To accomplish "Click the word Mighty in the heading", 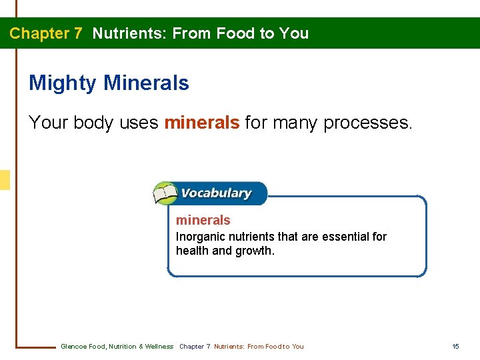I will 63,84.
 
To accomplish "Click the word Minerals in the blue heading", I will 147,83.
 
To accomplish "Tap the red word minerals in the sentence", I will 201,123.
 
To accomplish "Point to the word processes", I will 368,123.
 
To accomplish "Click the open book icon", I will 165,194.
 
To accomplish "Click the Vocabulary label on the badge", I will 216,193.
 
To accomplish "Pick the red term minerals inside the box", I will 203,220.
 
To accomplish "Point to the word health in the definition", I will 191,251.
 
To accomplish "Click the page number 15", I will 455,346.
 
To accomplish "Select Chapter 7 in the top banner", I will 46,33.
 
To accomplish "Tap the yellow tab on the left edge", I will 5,180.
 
